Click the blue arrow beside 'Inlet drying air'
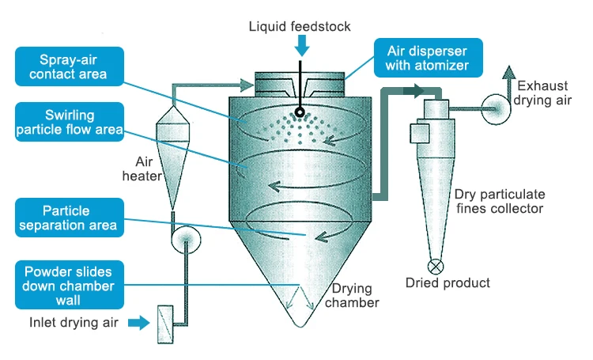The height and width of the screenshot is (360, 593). click(x=138, y=322)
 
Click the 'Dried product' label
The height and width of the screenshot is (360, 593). click(x=448, y=282)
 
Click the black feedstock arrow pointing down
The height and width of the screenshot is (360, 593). click(x=300, y=47)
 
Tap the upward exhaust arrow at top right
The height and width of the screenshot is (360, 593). click(x=507, y=75)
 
